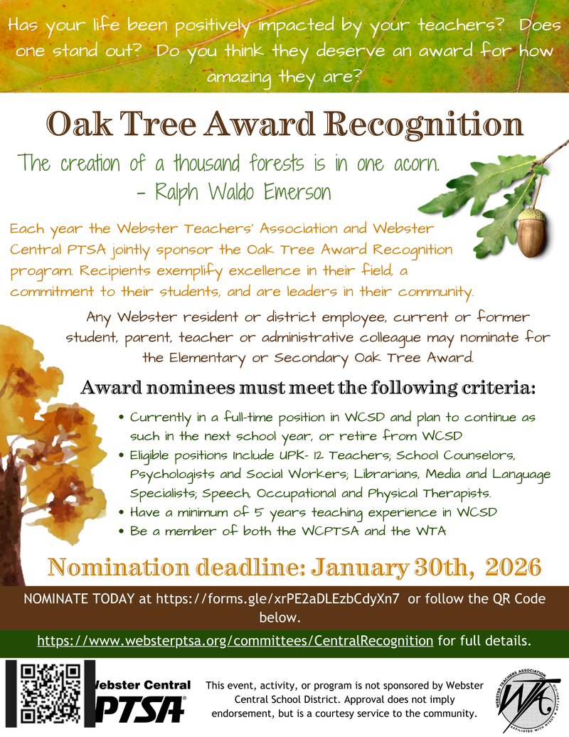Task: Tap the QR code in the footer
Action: click(50, 693)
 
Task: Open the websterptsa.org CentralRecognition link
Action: click(235, 641)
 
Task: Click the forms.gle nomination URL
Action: click(277, 599)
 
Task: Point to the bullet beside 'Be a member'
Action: click(121, 531)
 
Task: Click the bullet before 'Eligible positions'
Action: click(121, 455)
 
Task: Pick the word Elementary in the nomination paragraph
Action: click(207, 358)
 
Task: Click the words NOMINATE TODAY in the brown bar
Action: click(79, 599)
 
